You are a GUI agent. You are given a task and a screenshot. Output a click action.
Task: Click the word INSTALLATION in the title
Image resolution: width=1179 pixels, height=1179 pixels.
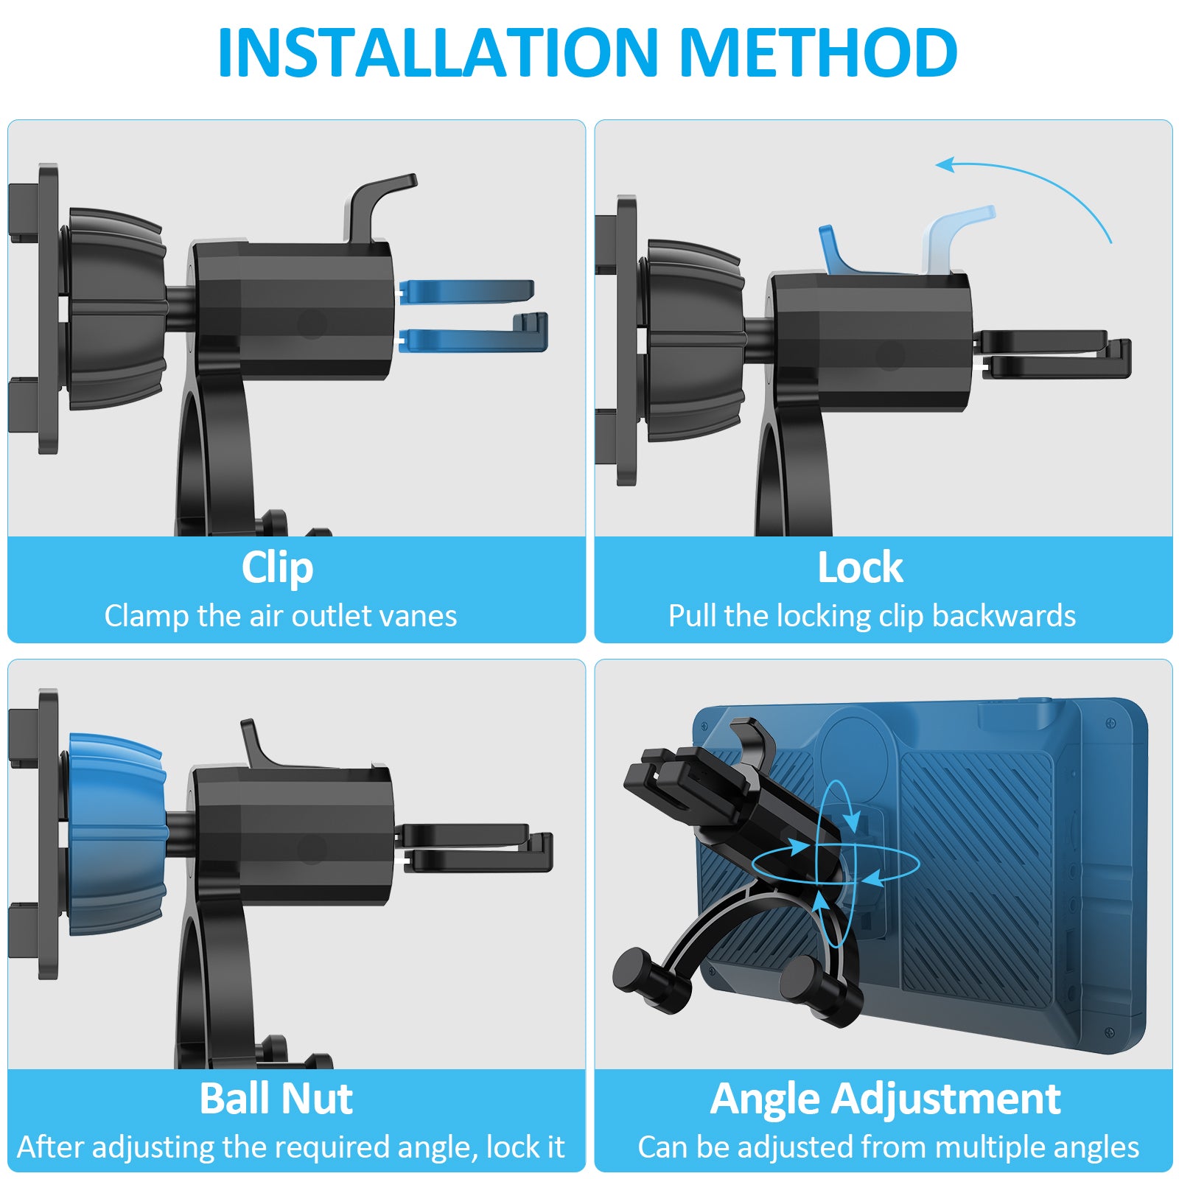point(438,52)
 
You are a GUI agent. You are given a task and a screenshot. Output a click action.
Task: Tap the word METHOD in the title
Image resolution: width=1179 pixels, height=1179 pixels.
point(819,52)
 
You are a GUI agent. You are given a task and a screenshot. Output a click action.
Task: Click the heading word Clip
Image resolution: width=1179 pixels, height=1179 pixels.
point(278,568)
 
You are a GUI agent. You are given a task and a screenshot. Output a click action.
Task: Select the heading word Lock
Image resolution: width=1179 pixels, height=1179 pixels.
point(860,567)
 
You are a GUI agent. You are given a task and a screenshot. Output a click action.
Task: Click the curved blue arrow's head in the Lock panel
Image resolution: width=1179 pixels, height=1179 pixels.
point(946,164)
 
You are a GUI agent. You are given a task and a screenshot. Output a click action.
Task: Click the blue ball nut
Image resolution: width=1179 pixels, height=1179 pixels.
point(116,834)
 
